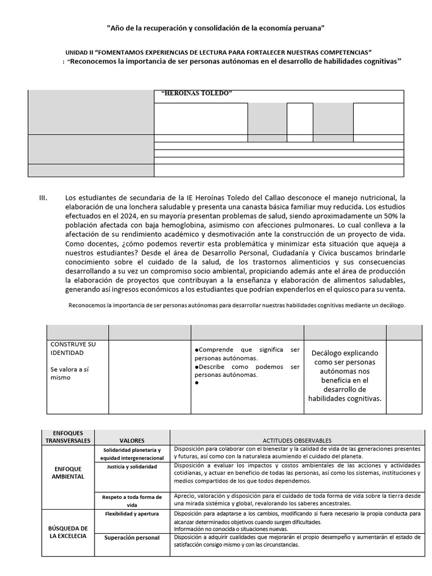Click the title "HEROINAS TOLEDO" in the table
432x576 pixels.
[196, 93]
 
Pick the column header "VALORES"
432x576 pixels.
[132, 440]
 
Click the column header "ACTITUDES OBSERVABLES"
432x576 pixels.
[297, 440]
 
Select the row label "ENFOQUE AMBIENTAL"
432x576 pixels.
[69, 472]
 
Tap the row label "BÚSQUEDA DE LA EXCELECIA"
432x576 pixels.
[69, 532]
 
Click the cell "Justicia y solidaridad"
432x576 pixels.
[132, 467]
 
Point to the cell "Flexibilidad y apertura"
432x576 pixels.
[132, 514]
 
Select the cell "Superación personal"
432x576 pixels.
[132, 538]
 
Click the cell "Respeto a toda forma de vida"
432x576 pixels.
[132, 501]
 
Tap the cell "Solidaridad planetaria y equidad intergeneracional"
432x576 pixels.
[132, 454]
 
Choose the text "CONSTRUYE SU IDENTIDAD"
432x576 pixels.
[73, 348]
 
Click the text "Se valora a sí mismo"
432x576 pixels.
[70, 373]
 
